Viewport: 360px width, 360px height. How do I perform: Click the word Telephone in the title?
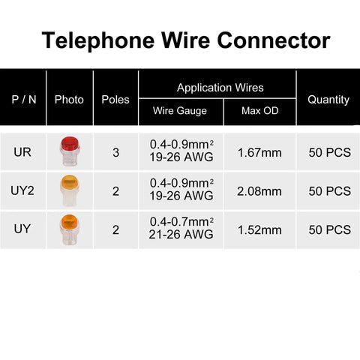pyautogui.click(x=98, y=40)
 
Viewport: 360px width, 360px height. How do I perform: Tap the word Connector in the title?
pyautogui.click(x=274, y=40)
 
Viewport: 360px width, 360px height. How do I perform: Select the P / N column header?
pyautogui.click(x=24, y=100)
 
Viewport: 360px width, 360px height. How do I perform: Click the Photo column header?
pyautogui.click(x=69, y=100)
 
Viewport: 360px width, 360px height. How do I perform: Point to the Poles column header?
pyautogui.click(x=115, y=100)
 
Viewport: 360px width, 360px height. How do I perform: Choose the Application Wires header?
pyautogui.click(x=220, y=88)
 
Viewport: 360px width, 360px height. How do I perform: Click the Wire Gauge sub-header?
pyautogui.click(x=180, y=111)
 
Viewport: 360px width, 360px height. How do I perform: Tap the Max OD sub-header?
pyautogui.click(x=260, y=110)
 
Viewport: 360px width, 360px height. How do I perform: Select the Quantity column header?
pyautogui.click(x=328, y=100)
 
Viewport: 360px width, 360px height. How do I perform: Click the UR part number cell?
pyautogui.click(x=22, y=152)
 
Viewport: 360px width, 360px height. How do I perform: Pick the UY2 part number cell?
pyautogui.click(x=22, y=190)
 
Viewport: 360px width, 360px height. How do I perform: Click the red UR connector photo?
pyautogui.click(x=70, y=151)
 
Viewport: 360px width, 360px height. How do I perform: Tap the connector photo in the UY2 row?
pyautogui.click(x=70, y=190)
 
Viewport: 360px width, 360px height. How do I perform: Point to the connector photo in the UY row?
pyautogui.click(x=70, y=229)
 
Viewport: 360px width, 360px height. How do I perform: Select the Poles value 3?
pyautogui.click(x=115, y=152)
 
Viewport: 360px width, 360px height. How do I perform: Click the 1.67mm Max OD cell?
pyautogui.click(x=259, y=153)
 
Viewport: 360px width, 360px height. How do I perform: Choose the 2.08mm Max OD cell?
pyautogui.click(x=259, y=191)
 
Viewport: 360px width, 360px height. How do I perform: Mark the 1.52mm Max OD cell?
pyautogui.click(x=259, y=230)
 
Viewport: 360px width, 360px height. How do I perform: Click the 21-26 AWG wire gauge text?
pyautogui.click(x=181, y=235)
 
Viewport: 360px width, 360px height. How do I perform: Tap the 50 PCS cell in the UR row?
pyautogui.click(x=330, y=152)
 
